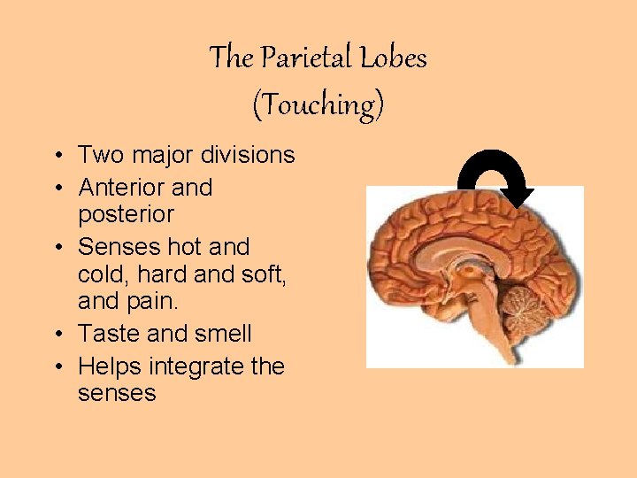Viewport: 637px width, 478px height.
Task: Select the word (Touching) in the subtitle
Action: click(x=318, y=105)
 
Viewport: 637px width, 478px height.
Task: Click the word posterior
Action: click(x=126, y=214)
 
